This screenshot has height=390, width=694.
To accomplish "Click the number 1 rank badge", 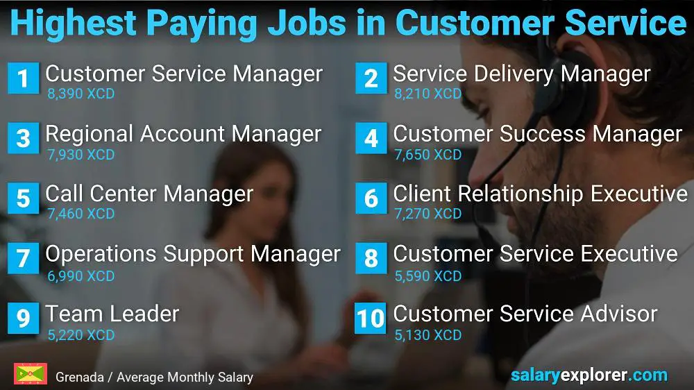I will [23, 78].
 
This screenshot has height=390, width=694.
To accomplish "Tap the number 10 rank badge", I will [371, 319].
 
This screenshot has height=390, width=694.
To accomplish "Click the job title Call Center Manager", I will [149, 194].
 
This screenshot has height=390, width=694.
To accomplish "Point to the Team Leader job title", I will [112, 314].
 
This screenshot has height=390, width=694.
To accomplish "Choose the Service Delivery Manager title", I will [521, 74].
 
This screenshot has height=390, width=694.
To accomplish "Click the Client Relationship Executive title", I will [540, 194].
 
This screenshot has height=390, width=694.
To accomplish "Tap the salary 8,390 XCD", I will [81, 94].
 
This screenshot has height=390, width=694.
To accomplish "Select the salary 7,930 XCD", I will [81, 154].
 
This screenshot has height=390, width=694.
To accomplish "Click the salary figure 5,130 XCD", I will [428, 335].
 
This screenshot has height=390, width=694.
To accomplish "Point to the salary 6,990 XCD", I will [81, 275].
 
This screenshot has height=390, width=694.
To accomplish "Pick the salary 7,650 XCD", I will [428, 154].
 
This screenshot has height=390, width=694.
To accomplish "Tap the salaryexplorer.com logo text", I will [589, 375].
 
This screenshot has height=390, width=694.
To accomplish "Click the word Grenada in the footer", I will [79, 378].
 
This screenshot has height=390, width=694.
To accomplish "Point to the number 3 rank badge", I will [23, 139].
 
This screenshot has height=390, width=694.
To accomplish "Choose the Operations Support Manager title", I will [193, 254].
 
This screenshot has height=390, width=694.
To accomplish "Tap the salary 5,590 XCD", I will [428, 275].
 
